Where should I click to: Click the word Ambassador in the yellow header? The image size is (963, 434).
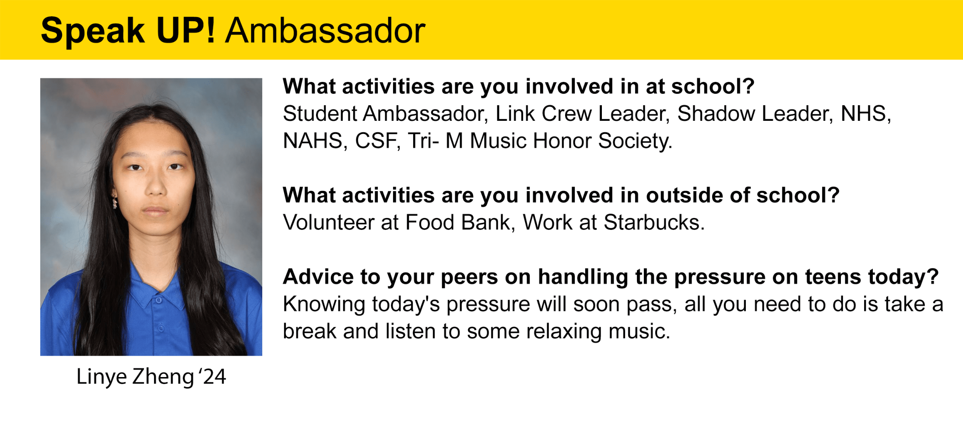click(x=325, y=31)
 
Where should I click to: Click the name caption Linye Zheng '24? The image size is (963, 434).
click(x=151, y=377)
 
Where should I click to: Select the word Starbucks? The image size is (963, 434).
click(x=654, y=222)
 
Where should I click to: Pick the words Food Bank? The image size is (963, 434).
click(x=457, y=222)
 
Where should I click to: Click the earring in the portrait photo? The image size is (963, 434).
click(x=115, y=201)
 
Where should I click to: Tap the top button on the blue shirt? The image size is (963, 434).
click(x=159, y=300)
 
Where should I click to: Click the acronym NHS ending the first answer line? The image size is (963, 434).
click(x=866, y=114)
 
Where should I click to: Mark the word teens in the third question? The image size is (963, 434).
click(x=833, y=277)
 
